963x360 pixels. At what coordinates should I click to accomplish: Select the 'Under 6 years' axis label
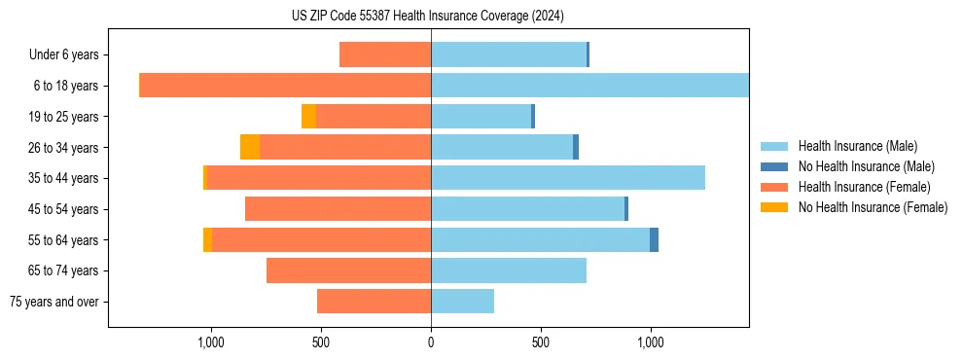pyautogui.click(x=70, y=54)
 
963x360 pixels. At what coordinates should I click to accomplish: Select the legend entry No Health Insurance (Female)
pyautogui.click(x=873, y=207)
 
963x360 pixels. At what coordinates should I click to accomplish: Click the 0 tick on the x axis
pyautogui.click(x=431, y=342)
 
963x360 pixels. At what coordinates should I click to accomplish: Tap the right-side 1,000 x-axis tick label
pyautogui.click(x=651, y=342)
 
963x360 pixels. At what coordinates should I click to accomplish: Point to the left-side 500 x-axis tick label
pyautogui.click(x=321, y=342)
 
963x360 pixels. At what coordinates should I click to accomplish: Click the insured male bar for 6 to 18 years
pyautogui.click(x=589, y=86)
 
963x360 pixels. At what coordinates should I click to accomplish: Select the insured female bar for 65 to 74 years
pyautogui.click(x=348, y=270)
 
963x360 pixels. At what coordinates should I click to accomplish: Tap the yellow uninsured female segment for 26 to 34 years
pyautogui.click(x=250, y=147)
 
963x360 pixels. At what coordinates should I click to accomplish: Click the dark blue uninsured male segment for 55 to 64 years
pyautogui.click(x=654, y=239)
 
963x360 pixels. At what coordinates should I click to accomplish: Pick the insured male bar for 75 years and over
pyautogui.click(x=462, y=302)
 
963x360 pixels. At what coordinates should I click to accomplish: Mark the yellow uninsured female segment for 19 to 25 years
pyautogui.click(x=308, y=117)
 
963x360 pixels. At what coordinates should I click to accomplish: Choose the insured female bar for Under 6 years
pyautogui.click(x=385, y=54)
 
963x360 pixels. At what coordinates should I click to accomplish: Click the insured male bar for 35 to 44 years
pyautogui.click(x=567, y=178)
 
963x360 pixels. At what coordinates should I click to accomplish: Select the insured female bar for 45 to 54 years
pyautogui.click(x=338, y=209)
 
